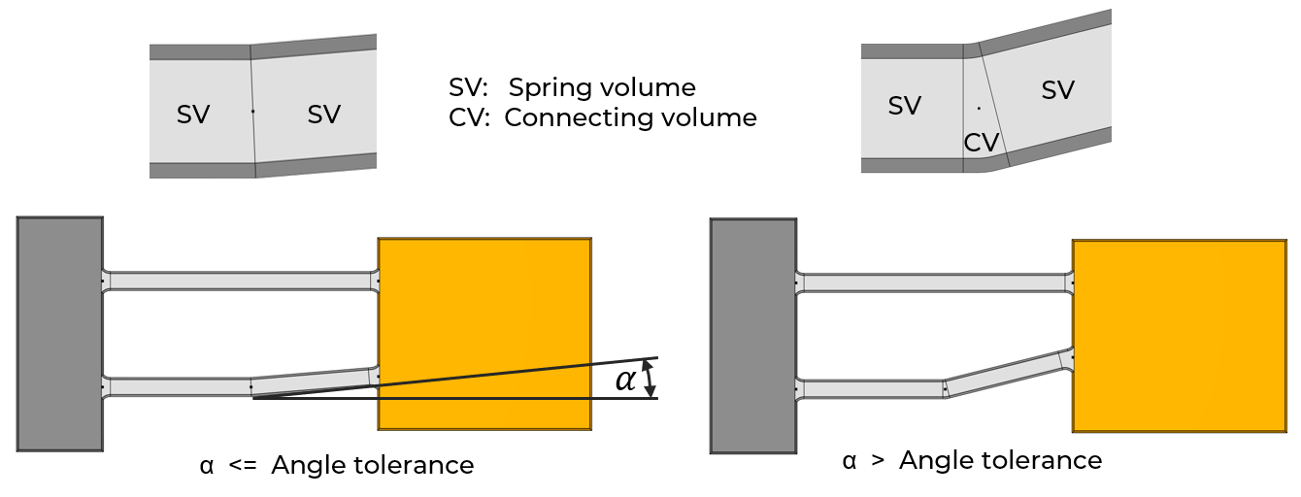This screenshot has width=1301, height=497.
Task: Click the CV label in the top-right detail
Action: click(981, 143)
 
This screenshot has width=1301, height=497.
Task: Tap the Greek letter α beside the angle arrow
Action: click(626, 381)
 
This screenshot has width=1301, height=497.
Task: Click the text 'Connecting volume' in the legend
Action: click(630, 118)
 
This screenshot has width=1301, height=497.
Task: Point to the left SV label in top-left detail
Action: click(193, 114)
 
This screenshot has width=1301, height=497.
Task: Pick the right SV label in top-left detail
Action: click(324, 114)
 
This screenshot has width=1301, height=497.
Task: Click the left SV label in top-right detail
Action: click(905, 105)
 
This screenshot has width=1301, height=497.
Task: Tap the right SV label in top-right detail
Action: click(1057, 90)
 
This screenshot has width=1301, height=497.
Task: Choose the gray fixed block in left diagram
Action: click(60, 334)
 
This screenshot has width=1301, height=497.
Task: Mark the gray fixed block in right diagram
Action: click(753, 336)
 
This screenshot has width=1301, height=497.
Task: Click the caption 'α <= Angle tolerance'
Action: click(336, 466)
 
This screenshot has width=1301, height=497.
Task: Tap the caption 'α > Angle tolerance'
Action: click(972, 460)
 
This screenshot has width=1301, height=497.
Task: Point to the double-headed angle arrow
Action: click(649, 378)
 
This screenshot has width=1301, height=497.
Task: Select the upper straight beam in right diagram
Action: click(934, 282)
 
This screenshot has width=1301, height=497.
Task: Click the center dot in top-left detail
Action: click(252, 112)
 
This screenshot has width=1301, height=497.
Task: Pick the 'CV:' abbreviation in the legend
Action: click(472, 118)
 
